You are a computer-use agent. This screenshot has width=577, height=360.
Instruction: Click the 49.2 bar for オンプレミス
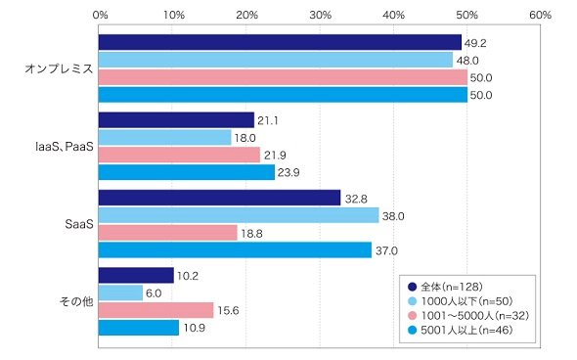(280, 42)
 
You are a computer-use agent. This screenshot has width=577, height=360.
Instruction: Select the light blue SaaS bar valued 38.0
(239, 215)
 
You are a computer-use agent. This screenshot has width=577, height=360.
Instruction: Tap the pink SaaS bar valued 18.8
(168, 233)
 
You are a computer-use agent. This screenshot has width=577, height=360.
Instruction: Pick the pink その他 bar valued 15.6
(156, 310)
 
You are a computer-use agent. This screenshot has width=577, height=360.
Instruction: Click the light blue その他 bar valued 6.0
(120, 292)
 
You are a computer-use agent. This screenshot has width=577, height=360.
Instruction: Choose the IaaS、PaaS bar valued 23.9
(187, 172)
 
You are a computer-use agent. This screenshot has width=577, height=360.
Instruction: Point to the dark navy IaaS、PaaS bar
(176, 120)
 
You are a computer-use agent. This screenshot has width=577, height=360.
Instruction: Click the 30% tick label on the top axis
(320, 15)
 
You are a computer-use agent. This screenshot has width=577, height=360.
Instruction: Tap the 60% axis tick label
(540, 15)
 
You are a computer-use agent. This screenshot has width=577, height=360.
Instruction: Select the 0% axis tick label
(100, 15)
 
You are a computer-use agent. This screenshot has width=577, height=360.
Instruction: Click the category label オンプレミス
(59, 68)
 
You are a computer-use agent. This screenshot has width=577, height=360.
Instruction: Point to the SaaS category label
(79, 224)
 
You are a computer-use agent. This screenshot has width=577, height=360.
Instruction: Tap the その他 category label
(76, 301)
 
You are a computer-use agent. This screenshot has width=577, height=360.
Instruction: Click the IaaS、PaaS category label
(65, 147)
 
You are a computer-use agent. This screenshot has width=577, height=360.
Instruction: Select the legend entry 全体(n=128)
(445, 287)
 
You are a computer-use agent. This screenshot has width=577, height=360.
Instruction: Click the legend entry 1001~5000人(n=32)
(468, 315)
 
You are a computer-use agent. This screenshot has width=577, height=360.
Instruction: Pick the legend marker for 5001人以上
(413, 331)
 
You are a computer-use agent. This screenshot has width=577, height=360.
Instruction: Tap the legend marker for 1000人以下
(413, 301)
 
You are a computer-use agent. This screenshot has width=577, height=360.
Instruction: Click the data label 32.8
(356, 199)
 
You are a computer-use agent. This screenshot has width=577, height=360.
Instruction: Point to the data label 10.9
(195, 328)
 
